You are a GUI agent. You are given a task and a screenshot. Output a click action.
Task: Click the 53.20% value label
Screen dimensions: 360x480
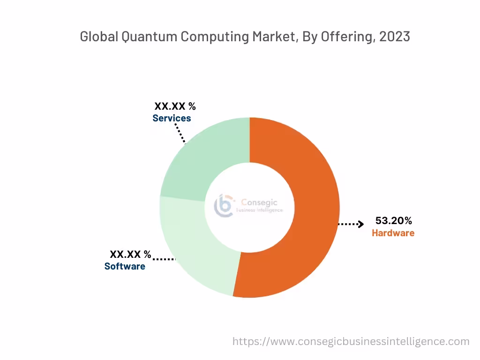[x=393, y=220]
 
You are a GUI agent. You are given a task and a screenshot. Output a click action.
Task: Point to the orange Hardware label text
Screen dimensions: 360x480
[x=393, y=233]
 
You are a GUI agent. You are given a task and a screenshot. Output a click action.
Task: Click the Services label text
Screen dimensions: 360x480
[x=172, y=118]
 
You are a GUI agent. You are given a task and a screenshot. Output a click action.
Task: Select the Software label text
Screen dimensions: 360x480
[x=125, y=266]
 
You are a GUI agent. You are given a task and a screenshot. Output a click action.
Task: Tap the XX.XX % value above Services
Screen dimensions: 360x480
[x=175, y=106]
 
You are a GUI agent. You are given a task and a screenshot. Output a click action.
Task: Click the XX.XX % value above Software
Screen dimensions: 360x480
[x=130, y=255]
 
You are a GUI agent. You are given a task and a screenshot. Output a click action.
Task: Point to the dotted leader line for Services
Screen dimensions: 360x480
[x=180, y=133]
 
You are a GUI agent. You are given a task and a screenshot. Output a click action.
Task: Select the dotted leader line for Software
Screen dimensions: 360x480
[x=164, y=259]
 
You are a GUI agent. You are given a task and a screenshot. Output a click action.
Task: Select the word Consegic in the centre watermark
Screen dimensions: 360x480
[x=259, y=202]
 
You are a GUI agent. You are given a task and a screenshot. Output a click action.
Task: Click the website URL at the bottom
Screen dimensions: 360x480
[x=351, y=341]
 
